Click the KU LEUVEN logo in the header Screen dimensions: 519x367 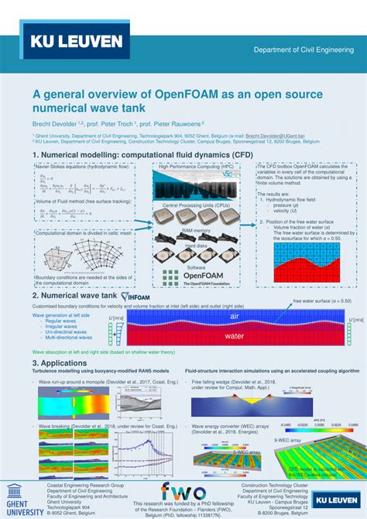pyautogui.click(x=76, y=41)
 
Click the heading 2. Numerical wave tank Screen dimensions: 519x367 pyautogui.click(x=75, y=296)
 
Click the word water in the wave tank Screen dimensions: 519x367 pyautogui.click(x=234, y=336)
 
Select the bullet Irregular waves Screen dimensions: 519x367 pyautogui.click(x=61, y=326)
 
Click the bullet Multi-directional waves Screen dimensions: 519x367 pyautogui.click(x=70, y=338)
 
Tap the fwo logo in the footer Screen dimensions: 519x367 pyautogui.click(x=183, y=493)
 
